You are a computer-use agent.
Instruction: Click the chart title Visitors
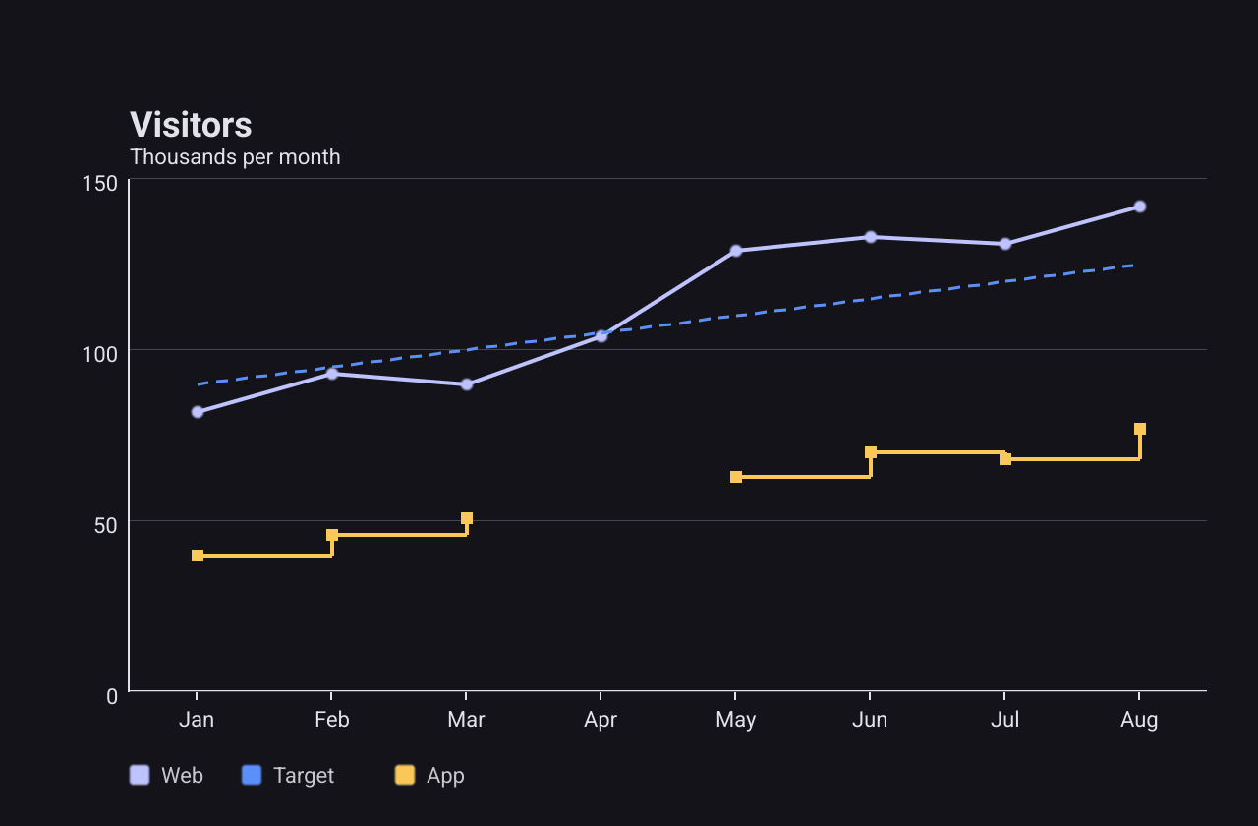(x=191, y=124)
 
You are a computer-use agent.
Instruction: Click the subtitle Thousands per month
(x=235, y=157)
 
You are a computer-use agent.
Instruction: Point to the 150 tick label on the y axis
(x=100, y=183)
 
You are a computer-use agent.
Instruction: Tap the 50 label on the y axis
(x=105, y=525)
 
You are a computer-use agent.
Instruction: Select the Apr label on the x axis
(x=600, y=720)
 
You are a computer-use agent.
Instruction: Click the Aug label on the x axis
(x=1139, y=720)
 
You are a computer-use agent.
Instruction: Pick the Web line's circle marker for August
(x=1139, y=206)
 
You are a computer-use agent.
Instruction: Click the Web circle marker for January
(x=198, y=412)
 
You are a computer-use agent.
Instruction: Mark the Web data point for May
(x=736, y=251)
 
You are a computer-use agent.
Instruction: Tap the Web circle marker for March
(x=467, y=384)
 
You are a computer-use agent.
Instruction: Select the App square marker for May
(x=736, y=477)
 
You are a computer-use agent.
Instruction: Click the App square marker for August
(x=1139, y=429)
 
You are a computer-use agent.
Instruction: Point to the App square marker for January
(x=198, y=556)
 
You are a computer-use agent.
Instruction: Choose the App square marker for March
(x=467, y=518)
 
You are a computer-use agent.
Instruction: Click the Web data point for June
(x=871, y=237)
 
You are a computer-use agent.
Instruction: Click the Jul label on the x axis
(x=1004, y=720)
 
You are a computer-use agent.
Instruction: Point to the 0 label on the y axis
(x=112, y=697)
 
